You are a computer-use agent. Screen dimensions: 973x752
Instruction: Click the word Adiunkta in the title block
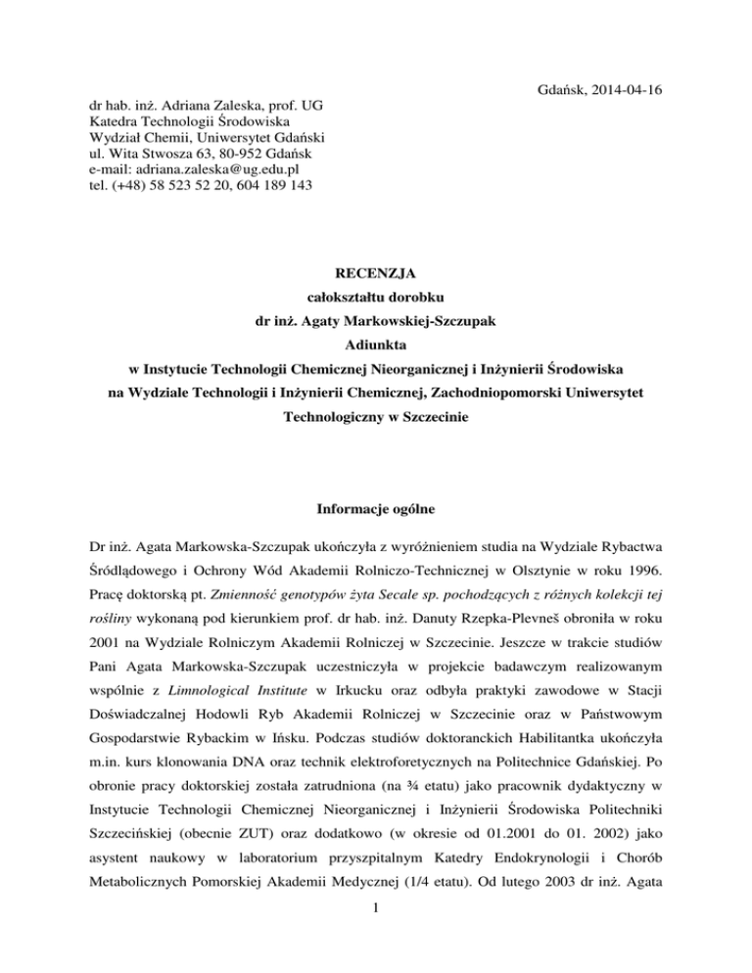tap(375, 344)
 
